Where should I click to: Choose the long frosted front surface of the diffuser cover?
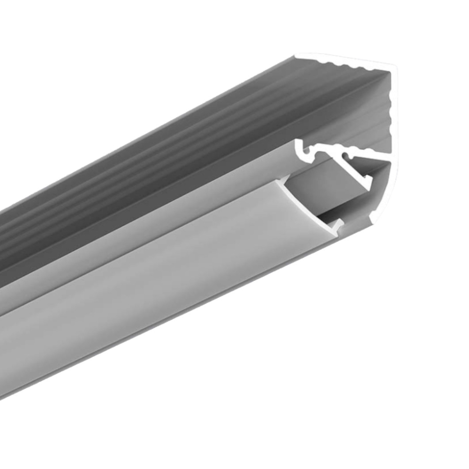[x=141, y=305]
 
